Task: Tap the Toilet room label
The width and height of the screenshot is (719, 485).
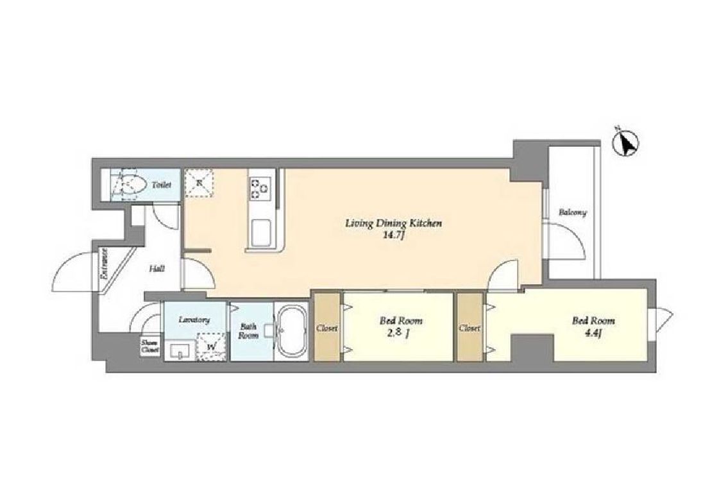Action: pos(162,185)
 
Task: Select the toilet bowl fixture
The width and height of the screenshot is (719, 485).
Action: pos(129,185)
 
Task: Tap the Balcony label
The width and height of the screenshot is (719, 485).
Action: pos(572,212)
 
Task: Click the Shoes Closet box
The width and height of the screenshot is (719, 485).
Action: pos(150,346)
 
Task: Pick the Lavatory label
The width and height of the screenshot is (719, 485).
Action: pos(195,320)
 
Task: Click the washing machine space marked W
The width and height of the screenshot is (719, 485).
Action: pos(210,346)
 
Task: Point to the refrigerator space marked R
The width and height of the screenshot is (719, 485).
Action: pos(199,183)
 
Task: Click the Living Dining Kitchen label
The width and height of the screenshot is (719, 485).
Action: pos(393,223)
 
